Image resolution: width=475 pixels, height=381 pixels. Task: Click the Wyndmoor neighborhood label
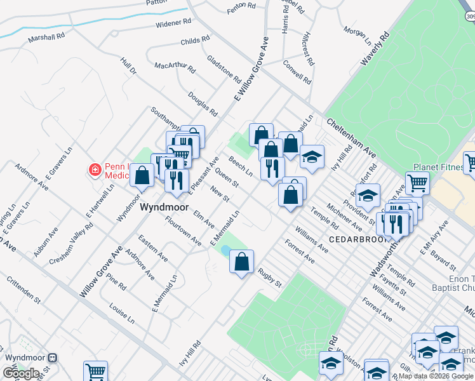point(157,207)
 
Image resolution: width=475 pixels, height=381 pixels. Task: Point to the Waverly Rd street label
point(374,49)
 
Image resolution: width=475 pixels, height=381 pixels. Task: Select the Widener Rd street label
point(173,23)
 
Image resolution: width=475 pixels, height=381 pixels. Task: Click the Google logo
point(21,373)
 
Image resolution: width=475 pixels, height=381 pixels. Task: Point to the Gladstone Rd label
point(224,70)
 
